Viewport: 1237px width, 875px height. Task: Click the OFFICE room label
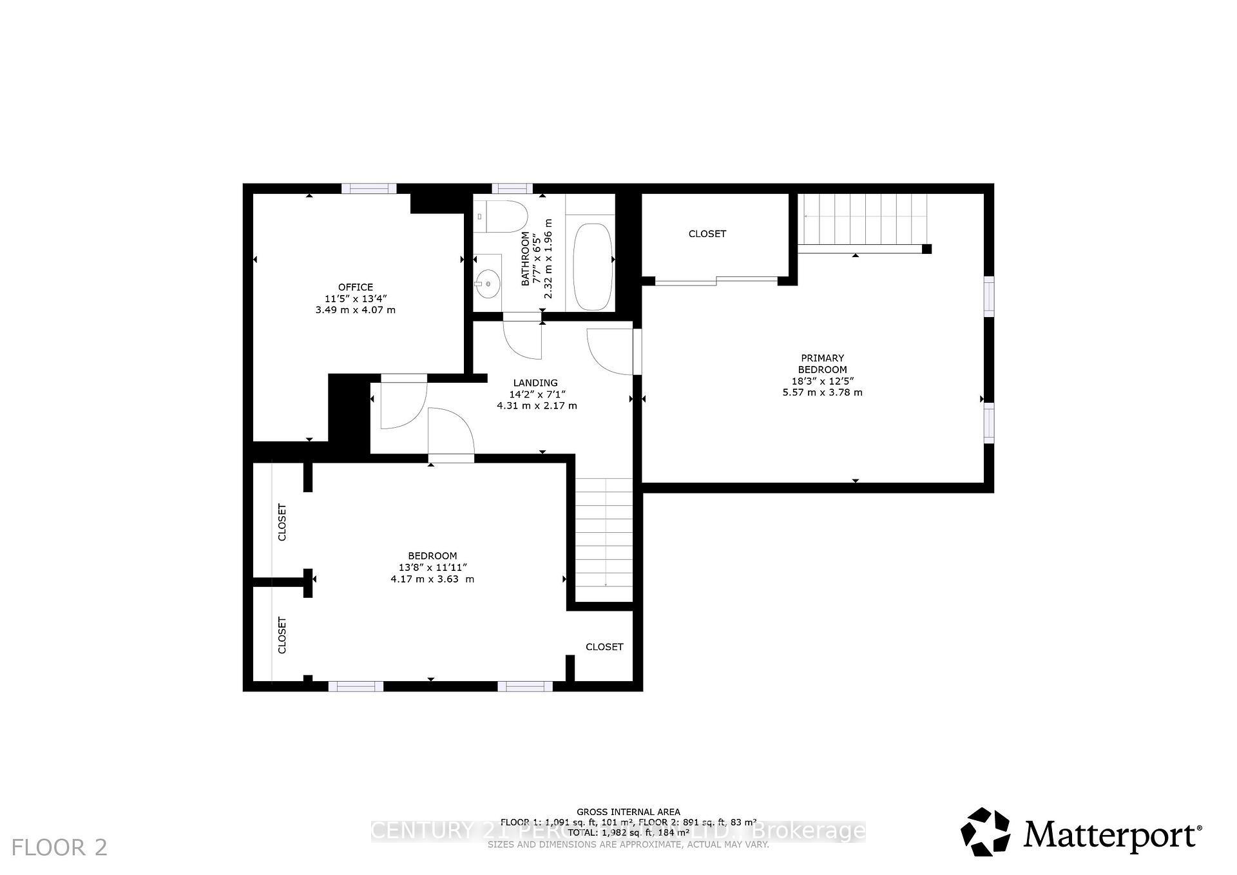(x=355, y=287)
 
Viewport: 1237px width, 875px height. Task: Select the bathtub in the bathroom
(x=591, y=266)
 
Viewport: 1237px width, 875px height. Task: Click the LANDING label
(x=535, y=383)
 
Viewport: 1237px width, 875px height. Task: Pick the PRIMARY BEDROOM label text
(x=822, y=363)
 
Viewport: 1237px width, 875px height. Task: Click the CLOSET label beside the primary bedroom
(x=707, y=234)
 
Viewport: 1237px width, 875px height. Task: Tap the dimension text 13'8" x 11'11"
(x=432, y=568)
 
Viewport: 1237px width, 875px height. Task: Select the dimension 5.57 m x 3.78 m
(x=822, y=392)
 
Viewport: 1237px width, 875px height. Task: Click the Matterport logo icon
(x=985, y=831)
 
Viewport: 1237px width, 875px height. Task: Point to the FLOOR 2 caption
(x=59, y=847)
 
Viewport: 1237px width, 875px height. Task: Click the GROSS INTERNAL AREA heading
(x=628, y=812)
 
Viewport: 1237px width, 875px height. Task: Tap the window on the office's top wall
(x=369, y=188)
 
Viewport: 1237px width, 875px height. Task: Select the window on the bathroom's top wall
(x=512, y=188)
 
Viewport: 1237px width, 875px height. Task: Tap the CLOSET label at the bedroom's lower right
(x=604, y=646)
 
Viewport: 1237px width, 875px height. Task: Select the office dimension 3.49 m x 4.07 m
(x=355, y=310)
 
